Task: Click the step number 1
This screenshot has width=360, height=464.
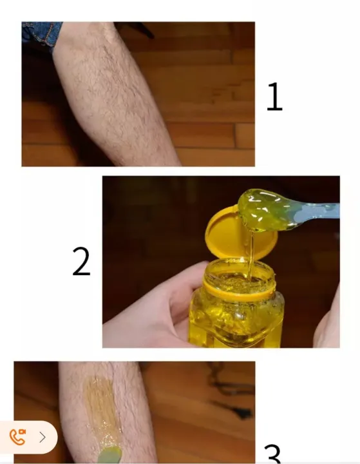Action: [x=274, y=97]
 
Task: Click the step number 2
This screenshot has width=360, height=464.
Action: [x=81, y=261]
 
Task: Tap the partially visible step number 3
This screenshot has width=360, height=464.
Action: [x=272, y=454]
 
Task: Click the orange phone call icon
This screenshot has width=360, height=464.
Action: [x=17, y=437]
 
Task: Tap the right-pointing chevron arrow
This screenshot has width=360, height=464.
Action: [x=43, y=437]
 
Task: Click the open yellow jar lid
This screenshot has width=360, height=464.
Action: [x=240, y=235]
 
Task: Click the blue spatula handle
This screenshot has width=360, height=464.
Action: [x=317, y=212]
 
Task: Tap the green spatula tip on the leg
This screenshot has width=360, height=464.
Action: [x=109, y=456]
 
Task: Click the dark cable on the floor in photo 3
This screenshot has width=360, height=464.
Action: [x=231, y=394]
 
